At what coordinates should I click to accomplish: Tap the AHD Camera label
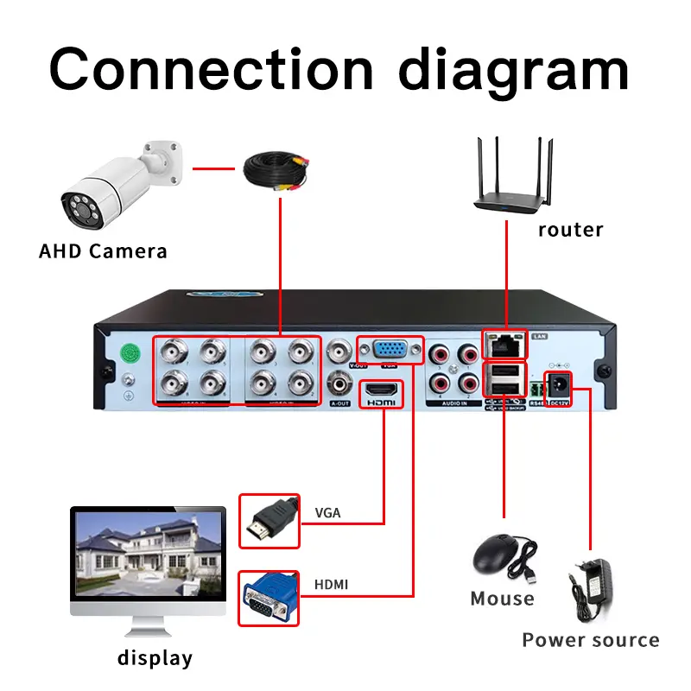click(103, 251)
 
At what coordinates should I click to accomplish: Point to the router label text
click(570, 230)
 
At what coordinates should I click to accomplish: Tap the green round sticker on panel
click(130, 353)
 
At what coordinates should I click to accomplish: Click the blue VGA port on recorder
click(390, 351)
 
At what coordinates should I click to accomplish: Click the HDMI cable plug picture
click(269, 521)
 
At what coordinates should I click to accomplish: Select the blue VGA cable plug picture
click(269, 598)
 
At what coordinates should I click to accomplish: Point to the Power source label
click(590, 641)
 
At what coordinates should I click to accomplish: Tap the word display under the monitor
click(155, 658)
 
